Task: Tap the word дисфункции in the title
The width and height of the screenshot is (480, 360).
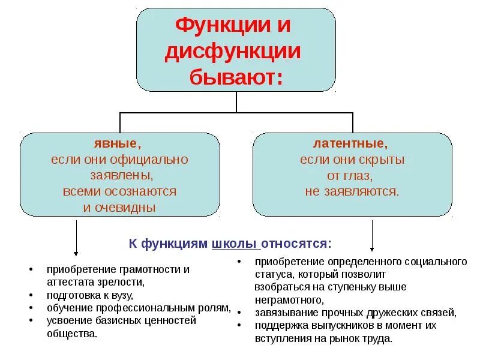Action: pos(233,52)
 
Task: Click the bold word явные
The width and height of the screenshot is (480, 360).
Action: pos(118,144)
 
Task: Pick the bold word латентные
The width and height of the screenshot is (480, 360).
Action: pos(350,144)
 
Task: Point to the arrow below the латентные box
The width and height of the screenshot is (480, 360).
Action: pos(372,235)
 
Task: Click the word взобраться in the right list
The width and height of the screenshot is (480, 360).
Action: pos(278,287)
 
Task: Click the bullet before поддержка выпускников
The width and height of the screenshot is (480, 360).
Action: pos(239,325)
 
